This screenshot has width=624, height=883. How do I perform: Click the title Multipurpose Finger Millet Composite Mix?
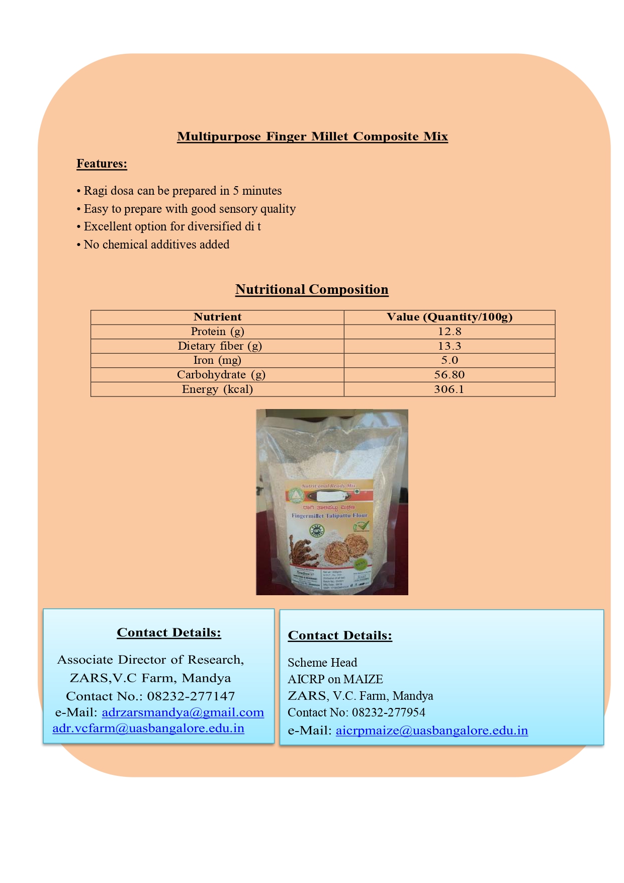point(312,136)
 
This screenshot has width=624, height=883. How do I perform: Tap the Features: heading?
point(102,164)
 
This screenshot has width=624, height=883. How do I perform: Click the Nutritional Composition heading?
point(312,289)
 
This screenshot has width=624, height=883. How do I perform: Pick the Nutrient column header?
point(217,317)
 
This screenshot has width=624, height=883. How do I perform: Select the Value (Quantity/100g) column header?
point(449,317)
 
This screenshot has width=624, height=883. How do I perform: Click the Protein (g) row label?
point(217,332)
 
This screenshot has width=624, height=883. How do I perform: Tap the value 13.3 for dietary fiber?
point(449,346)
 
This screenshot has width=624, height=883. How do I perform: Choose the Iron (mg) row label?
point(217,360)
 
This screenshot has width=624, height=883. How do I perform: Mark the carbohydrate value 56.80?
point(449,375)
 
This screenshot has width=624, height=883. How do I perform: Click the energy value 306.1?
point(449,389)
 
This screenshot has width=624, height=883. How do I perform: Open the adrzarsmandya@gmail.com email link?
point(183,712)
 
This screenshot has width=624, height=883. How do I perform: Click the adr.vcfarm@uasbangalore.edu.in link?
point(148,729)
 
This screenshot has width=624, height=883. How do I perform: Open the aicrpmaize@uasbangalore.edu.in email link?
point(431,731)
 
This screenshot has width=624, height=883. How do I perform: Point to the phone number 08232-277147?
point(191,696)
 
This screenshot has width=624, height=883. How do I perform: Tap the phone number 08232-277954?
point(388,712)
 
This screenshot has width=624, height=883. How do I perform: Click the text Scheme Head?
point(322,663)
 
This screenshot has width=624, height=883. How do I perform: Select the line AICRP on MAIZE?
point(335,679)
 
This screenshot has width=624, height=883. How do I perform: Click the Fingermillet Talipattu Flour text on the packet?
point(329,516)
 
